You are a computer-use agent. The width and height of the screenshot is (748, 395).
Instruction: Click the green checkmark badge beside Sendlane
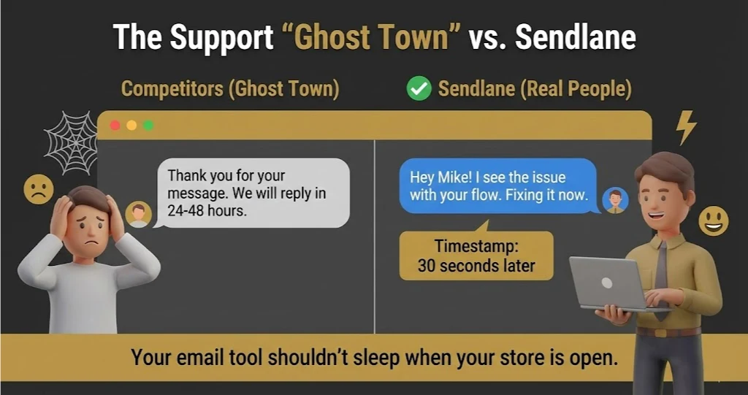pyautogui.click(x=419, y=89)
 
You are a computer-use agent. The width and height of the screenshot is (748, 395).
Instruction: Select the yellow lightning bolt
pyautogui.click(x=686, y=128)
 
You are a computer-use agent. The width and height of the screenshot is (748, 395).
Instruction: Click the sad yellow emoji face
pyautogui.click(x=38, y=190)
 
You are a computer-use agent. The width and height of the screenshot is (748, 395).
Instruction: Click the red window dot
pyautogui.click(x=115, y=126)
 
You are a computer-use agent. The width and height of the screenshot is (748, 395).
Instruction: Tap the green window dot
pyautogui.click(x=148, y=126)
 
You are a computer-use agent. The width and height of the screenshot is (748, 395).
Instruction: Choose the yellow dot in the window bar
pyautogui.click(x=131, y=126)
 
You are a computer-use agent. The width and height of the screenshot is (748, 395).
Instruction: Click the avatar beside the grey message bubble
pyautogui.click(x=138, y=214)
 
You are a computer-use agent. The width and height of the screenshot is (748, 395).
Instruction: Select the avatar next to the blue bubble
pyautogui.click(x=615, y=200)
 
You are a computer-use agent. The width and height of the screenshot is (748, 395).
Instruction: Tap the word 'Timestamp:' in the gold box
pyautogui.click(x=476, y=246)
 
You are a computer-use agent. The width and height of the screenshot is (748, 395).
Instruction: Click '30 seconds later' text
pyautogui.click(x=476, y=266)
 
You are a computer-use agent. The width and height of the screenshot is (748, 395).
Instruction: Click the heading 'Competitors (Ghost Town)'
pyautogui.click(x=230, y=89)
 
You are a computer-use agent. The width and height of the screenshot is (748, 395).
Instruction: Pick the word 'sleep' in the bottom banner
pyautogui.click(x=390, y=358)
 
